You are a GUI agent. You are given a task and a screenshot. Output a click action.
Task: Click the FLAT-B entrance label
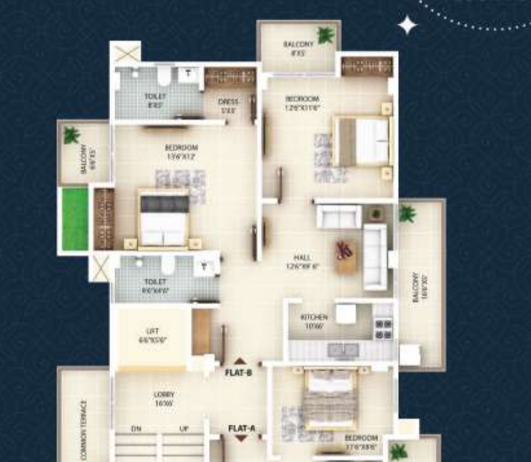[x=238, y=373]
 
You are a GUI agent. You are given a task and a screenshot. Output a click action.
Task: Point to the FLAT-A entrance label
[x=242, y=428]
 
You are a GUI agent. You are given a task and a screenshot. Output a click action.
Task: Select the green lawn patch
[x=74, y=219]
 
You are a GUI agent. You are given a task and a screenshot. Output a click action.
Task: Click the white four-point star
[x=407, y=25]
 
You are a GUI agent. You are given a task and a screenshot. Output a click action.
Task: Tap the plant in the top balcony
[x=324, y=35]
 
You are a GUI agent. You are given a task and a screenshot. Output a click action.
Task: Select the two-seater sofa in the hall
[x=338, y=216]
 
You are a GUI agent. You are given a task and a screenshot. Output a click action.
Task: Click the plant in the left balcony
[x=71, y=135]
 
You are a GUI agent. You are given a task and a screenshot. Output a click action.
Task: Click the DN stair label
[x=136, y=429]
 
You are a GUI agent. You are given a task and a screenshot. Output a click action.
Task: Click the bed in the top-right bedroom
[x=363, y=140]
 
